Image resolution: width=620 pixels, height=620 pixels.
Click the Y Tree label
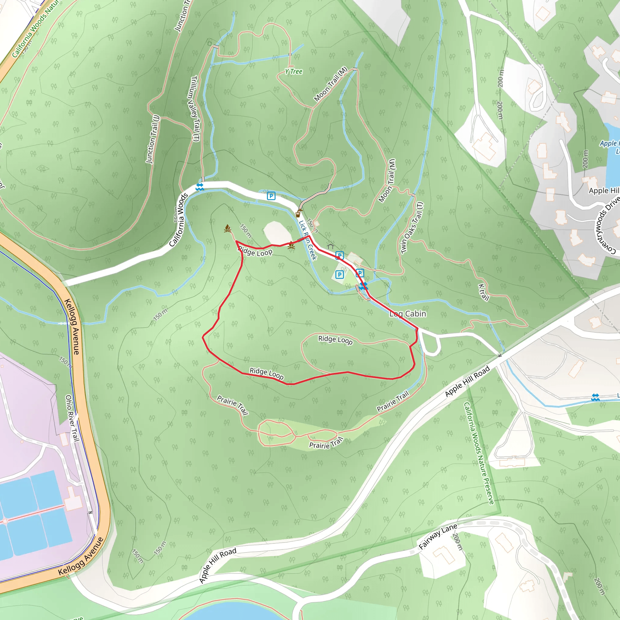tap(294, 71)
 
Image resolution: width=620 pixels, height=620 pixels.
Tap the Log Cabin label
tap(407, 314)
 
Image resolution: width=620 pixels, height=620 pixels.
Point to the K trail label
tap(483, 292)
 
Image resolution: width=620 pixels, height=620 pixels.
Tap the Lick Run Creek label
tap(308, 240)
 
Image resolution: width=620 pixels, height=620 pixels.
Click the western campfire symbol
tap(228, 228)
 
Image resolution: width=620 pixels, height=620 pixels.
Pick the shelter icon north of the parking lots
tap(331, 246)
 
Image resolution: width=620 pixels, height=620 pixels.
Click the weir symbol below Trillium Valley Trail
tap(200, 187)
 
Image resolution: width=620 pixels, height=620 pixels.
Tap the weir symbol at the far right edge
tap(595, 397)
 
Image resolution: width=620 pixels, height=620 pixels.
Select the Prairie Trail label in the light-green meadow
tap(326, 444)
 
